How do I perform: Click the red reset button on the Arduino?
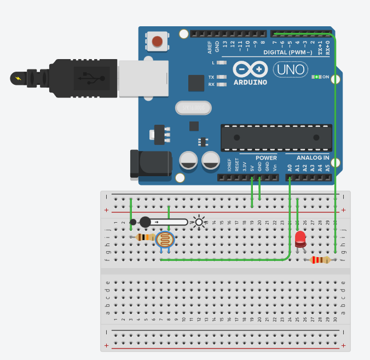tap(158, 41)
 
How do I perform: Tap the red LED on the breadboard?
tap(300, 239)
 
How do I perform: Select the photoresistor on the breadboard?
tap(165, 240)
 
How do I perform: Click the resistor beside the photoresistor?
tap(145, 237)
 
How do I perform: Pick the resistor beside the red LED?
tap(320, 260)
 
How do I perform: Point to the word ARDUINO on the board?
tap(250, 83)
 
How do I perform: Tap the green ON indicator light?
tap(316, 77)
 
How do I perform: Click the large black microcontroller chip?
tap(276, 137)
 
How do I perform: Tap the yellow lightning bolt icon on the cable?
tap(20, 78)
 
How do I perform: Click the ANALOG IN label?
tap(313, 158)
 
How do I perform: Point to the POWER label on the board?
tap(266, 158)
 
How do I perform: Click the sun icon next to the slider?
tap(198, 222)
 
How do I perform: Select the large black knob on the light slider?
tap(145, 222)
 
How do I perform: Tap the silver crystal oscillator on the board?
tap(193, 108)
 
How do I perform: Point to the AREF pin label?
tap(210, 47)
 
